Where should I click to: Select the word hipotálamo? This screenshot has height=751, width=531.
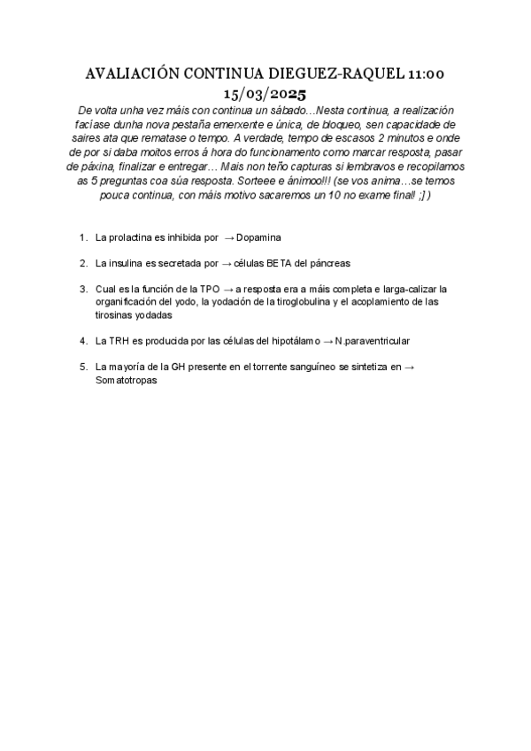click(x=281, y=340)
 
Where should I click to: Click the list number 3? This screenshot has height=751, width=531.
click(x=81, y=289)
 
